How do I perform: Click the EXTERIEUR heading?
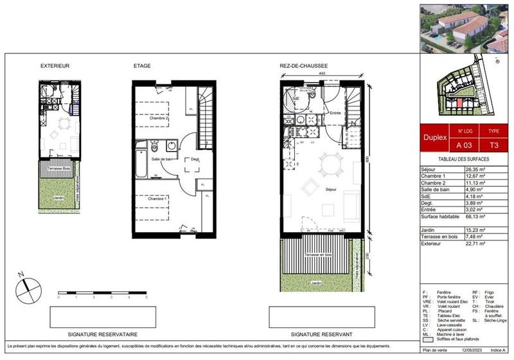point(55,66)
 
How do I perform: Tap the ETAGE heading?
point(142,66)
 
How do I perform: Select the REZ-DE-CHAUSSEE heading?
point(304,66)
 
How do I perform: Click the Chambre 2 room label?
point(159,119)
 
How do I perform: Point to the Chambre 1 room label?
point(158,199)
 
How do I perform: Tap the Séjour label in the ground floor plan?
point(332,190)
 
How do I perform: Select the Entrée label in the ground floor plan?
point(335,113)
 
